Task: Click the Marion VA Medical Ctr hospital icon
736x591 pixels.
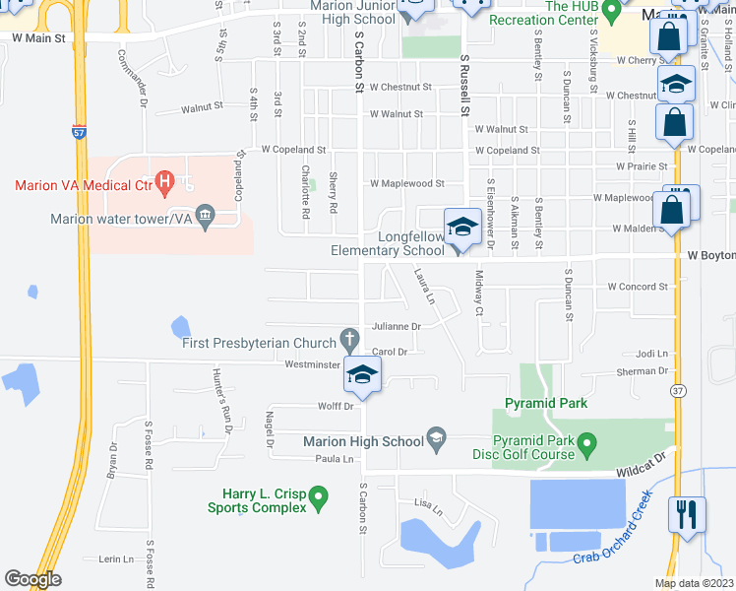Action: [166, 181]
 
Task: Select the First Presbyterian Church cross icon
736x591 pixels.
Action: [349, 341]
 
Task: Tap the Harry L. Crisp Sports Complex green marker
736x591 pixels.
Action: [318, 497]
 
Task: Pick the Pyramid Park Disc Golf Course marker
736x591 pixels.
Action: [587, 444]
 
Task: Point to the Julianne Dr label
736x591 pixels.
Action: [396, 326]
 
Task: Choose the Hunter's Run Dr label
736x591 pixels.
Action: [221, 394]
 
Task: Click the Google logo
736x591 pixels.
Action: [32, 579]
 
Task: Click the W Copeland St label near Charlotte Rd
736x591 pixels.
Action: [292, 150]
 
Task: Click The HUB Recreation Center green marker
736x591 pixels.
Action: [610, 10]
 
